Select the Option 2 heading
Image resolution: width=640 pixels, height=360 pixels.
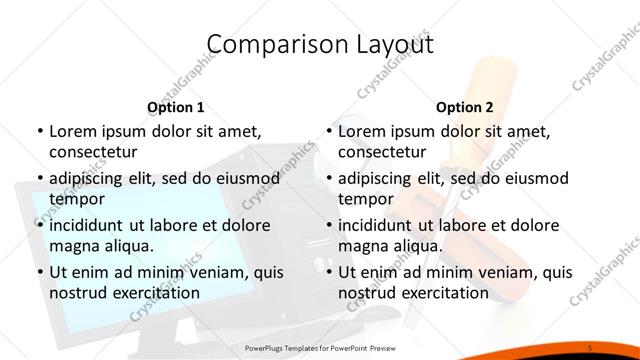tap(465, 107)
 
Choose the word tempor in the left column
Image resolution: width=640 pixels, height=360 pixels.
tap(76, 199)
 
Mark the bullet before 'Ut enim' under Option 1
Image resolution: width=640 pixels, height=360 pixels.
tap(39, 272)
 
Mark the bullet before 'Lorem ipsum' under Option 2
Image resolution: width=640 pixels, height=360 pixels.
tap(329, 130)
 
